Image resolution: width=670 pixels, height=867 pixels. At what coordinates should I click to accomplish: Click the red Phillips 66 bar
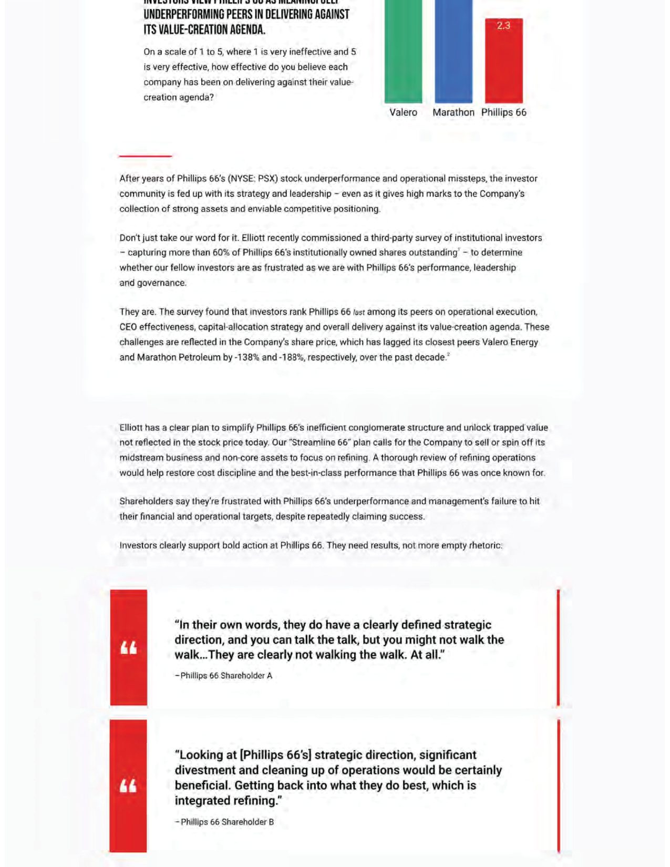tap(503, 63)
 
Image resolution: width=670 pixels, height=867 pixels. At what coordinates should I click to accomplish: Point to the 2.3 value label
tap(503, 25)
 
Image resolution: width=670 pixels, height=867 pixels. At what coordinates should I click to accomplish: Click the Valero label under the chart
tap(403, 112)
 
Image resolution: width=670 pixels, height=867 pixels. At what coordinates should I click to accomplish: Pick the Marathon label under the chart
tap(453, 112)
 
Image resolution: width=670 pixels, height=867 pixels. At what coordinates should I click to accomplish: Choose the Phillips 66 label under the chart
tap(503, 112)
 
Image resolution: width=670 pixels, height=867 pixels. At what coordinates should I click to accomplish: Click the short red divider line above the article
tap(146, 156)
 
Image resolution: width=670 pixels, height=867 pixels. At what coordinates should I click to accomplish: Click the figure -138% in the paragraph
tap(246, 357)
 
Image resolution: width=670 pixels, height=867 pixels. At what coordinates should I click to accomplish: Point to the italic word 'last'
tap(359, 312)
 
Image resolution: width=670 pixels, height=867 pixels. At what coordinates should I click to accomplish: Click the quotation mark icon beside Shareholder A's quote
tap(129, 648)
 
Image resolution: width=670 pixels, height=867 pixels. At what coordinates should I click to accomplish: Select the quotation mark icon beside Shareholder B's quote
tap(128, 786)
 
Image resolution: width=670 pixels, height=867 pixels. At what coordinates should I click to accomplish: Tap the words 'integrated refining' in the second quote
tap(226, 801)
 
